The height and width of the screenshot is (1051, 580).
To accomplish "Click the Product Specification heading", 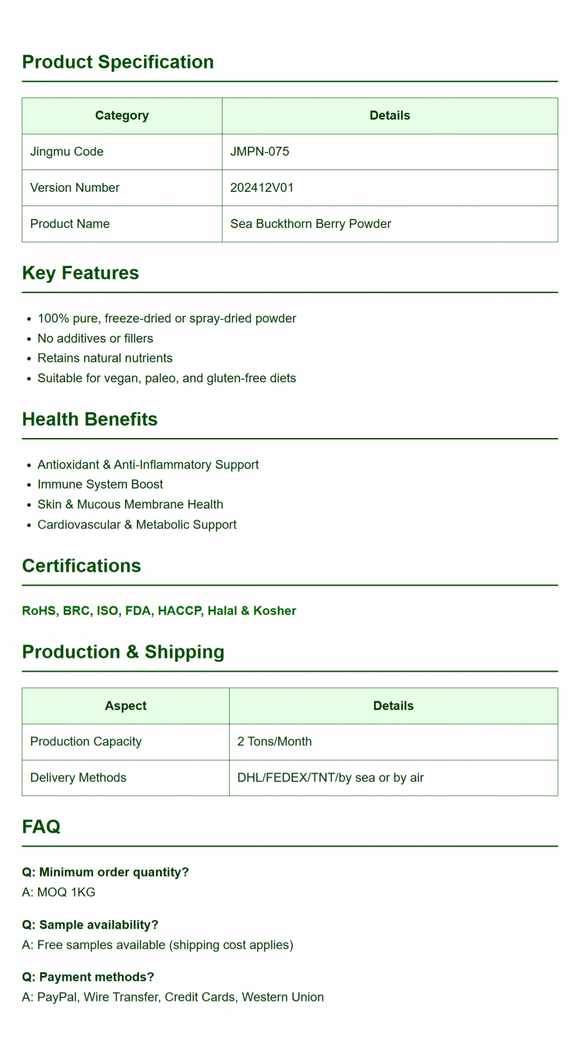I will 118,62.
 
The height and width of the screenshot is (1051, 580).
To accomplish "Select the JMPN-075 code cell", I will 259,151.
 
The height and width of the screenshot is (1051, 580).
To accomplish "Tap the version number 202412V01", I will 262,187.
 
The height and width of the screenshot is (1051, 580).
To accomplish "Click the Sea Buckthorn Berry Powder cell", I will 310,223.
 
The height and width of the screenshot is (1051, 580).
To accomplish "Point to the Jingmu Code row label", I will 67,151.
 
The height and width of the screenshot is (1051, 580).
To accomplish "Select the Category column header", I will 122,115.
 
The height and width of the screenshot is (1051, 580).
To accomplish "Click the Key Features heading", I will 81,273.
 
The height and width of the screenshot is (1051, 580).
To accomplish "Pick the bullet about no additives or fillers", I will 95,338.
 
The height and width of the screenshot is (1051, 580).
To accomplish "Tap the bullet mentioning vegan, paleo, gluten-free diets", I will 166,378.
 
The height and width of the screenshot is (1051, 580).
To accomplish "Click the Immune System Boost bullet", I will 100,484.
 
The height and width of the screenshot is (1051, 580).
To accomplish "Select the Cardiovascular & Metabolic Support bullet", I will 137,524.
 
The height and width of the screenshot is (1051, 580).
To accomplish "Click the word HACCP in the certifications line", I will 180,611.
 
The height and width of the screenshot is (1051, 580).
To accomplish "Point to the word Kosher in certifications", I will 274,611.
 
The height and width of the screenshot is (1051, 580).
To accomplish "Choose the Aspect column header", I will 125,706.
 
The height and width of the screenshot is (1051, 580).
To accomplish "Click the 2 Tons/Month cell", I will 274,741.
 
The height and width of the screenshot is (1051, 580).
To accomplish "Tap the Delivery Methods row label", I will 78,777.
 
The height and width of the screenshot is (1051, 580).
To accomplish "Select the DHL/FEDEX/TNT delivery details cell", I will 330,777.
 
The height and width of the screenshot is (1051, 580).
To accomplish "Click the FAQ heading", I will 41,826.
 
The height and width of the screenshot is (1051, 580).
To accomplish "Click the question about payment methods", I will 88,977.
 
